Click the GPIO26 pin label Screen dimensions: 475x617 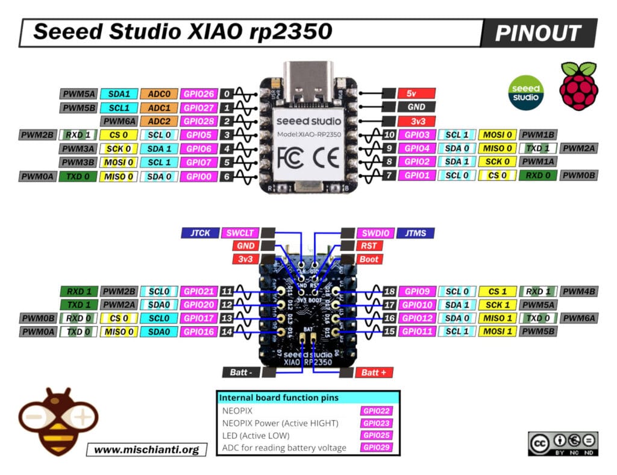(x=199, y=94)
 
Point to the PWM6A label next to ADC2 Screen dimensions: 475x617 (x=118, y=121)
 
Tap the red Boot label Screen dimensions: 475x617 (x=369, y=259)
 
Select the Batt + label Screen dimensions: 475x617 (x=374, y=373)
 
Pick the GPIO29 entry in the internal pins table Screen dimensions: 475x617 (x=377, y=447)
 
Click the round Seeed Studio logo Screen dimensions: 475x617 (x=526, y=92)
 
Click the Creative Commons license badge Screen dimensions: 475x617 (x=563, y=444)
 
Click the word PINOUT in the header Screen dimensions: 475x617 (x=538, y=33)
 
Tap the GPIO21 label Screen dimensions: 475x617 (x=199, y=291)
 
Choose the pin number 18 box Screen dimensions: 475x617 (x=389, y=291)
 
